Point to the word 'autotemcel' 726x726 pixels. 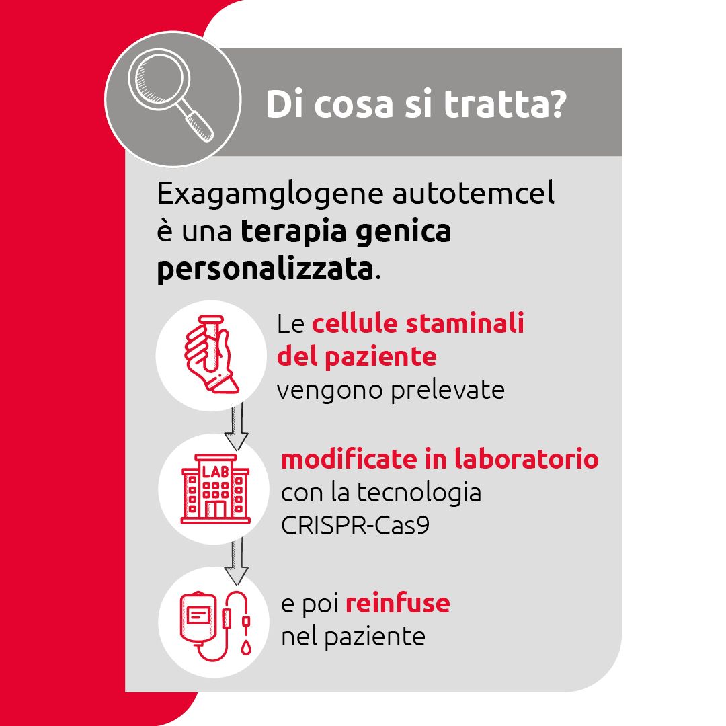tap(473, 193)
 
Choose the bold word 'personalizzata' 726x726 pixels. tap(265, 268)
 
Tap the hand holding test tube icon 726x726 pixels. tap(211, 354)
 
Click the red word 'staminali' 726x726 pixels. tap(465, 323)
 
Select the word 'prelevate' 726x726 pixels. tap(448, 391)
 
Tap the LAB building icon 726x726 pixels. tap(215, 489)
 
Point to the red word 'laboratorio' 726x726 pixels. tap(526, 459)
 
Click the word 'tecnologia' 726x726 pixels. tap(419, 493)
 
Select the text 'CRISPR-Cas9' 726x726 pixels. tap(355, 526)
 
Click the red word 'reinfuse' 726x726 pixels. tap(398, 603)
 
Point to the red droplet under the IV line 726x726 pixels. tap(246, 647)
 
